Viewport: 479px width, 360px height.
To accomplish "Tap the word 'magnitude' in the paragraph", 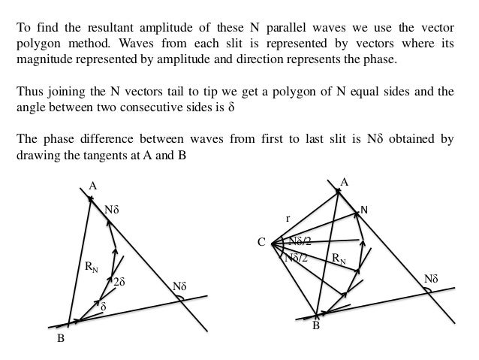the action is pos(44,59).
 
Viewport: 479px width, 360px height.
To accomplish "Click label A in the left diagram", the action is pos(93,186).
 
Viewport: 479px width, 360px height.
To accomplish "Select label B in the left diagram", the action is pos(61,339).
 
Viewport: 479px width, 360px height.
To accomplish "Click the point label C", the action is pos(261,243).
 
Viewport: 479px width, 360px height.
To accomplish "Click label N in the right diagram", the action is pos(364,209).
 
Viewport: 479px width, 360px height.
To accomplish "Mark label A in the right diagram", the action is pos(345,182).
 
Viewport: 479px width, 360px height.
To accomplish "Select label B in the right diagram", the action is pos(315,326).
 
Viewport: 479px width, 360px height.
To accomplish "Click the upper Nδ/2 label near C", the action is pos(300,241).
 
